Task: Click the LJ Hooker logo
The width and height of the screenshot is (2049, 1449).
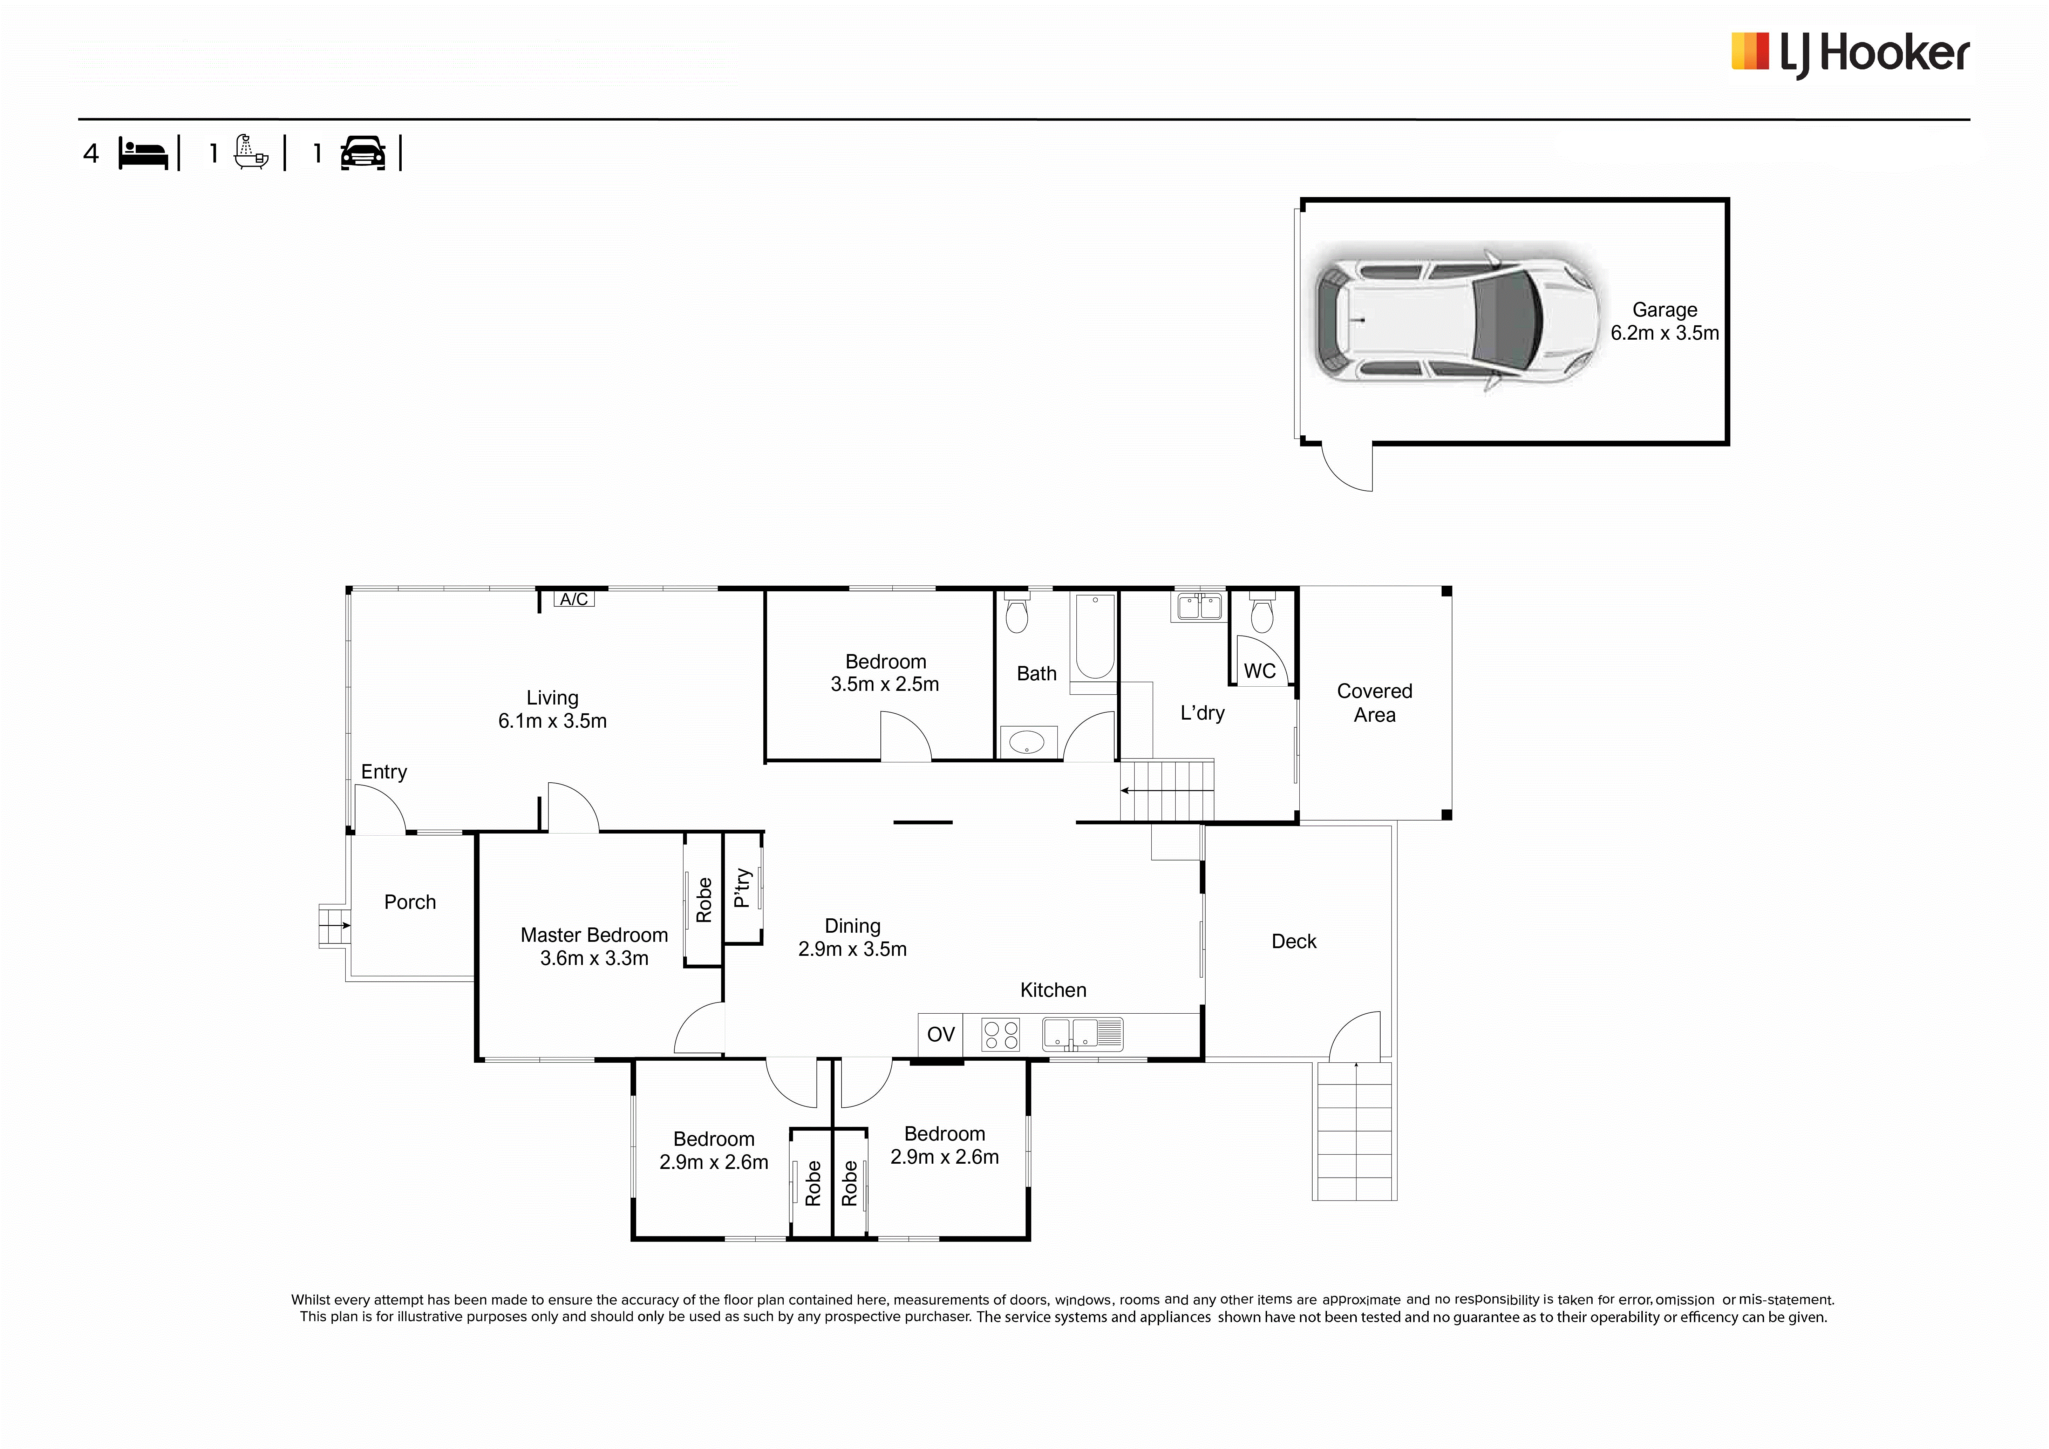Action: [x=1850, y=54]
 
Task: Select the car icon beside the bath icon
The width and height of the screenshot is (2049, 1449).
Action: [x=363, y=154]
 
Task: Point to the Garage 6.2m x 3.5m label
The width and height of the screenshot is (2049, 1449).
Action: [x=1665, y=321]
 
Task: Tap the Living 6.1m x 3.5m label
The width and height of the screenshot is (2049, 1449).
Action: [x=552, y=709]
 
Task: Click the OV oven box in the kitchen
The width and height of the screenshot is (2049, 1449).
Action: [x=941, y=1034]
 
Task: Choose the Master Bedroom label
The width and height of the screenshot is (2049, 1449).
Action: [x=594, y=947]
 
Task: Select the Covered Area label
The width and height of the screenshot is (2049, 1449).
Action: [x=1374, y=703]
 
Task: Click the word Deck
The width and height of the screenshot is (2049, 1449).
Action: [x=1294, y=941]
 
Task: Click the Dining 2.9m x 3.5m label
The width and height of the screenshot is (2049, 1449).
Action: [x=852, y=938]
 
